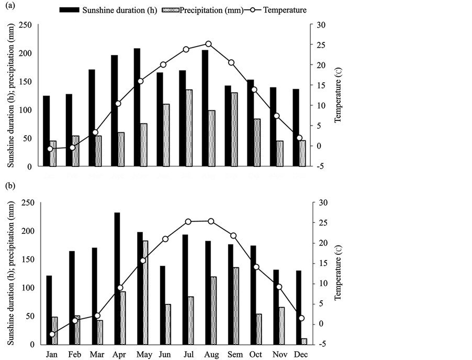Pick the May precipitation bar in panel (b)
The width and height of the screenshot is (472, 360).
(145, 292)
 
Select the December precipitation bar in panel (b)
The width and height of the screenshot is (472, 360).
(304, 341)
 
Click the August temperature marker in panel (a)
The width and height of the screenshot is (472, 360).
(208, 44)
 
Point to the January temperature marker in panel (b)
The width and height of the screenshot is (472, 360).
(52, 334)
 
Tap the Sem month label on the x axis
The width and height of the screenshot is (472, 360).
(233, 354)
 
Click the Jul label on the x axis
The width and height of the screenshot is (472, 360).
(187, 354)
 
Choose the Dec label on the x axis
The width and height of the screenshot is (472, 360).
(301, 354)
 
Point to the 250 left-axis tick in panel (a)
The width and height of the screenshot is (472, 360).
(25, 25)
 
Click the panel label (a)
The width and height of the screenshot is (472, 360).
(8, 6)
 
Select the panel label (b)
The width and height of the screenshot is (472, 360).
(8, 185)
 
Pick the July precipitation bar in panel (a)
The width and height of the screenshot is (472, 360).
(189, 128)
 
